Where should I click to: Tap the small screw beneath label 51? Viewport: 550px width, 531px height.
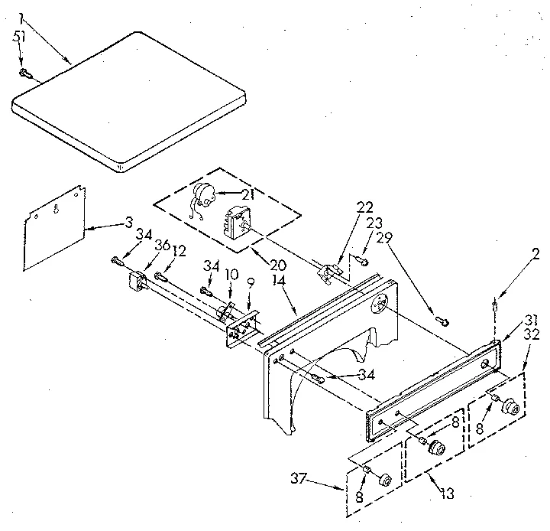[24, 73]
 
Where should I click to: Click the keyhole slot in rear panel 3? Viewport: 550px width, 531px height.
[57, 207]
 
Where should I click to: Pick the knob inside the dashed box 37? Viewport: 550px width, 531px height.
[385, 480]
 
